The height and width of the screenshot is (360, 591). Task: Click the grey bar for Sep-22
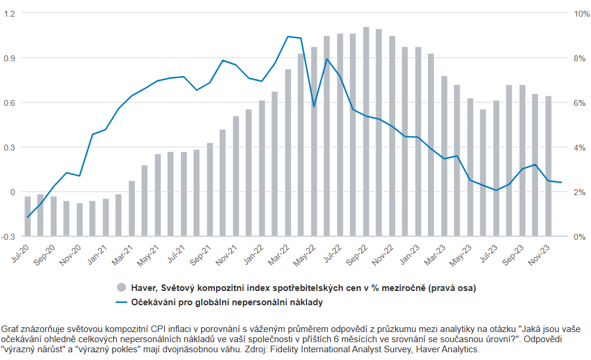366,131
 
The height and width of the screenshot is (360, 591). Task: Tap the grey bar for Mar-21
132,208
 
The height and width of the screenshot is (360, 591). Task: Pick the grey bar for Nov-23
548,166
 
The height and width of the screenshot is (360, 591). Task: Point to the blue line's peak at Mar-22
288,36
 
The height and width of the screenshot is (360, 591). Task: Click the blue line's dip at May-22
314,107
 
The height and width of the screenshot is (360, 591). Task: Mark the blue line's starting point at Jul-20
27,217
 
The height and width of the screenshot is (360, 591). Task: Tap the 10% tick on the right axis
580,13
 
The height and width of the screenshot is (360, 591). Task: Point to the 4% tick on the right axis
578,148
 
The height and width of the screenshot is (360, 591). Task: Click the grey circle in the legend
121,287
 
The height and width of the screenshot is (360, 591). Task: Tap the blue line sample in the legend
121,302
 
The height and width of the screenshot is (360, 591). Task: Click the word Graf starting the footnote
11,328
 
